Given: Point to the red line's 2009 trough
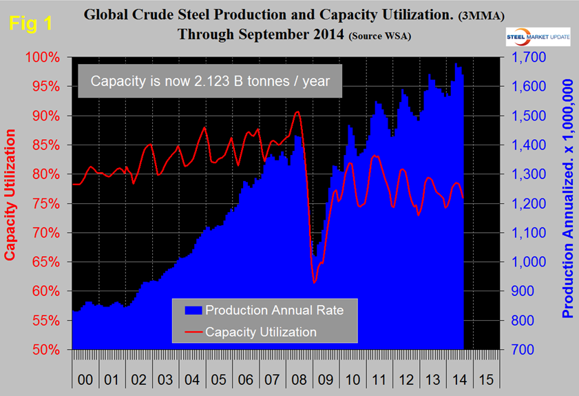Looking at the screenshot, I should coord(314,282).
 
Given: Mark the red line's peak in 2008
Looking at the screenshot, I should coord(297,112).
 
